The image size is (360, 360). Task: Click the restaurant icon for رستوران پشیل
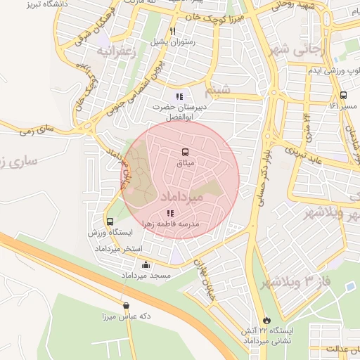point(172,31)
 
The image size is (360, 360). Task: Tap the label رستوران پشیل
point(172,43)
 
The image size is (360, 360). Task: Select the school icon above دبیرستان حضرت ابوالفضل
point(179,96)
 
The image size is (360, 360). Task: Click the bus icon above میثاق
point(185,152)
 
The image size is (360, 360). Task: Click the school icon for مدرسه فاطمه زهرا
point(169,212)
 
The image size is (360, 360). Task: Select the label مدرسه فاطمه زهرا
point(172,224)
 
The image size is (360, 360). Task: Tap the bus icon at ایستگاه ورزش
point(110,221)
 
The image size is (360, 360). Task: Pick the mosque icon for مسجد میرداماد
point(146,265)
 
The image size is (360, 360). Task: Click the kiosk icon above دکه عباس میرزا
point(126,305)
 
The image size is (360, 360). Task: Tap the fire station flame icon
point(265,320)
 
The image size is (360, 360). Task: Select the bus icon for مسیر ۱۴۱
point(343,95)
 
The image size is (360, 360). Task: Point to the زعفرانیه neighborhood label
point(114,51)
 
